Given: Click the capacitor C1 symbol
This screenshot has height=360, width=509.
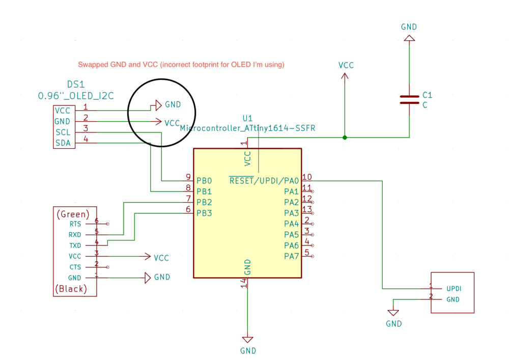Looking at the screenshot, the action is point(409,100).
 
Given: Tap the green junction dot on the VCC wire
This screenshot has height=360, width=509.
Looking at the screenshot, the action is point(345,137).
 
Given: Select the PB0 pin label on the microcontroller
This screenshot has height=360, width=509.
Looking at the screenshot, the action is point(204,181).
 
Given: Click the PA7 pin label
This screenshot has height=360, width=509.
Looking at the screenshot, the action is point(291,257).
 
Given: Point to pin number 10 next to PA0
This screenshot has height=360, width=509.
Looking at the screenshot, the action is point(307,177).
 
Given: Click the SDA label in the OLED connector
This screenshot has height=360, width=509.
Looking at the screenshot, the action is point(63,143).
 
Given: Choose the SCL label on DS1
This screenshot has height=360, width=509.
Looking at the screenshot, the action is point(63,132).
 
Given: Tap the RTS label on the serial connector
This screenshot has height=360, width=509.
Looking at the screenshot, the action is point(75,224).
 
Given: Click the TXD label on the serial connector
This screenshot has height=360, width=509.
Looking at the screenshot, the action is point(75,246).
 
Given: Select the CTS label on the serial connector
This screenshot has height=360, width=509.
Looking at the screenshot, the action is point(75,267).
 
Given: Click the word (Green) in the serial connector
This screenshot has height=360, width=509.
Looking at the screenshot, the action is point(73,214).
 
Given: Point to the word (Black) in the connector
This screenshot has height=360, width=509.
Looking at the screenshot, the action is point(71,289).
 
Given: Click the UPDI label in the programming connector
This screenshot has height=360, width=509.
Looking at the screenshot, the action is point(454,289).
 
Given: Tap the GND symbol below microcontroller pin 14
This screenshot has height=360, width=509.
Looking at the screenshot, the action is point(248,340).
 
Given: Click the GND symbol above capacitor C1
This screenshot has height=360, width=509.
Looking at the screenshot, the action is point(409,38).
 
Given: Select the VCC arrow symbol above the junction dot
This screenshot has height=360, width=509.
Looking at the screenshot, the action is point(345,76).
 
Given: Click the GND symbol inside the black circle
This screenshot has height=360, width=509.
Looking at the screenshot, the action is point(159,105).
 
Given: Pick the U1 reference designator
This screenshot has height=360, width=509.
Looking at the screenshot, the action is point(248,118).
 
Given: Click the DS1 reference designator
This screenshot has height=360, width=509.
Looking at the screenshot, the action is point(76,85).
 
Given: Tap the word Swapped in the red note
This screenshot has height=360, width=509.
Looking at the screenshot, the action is point(93,65).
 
